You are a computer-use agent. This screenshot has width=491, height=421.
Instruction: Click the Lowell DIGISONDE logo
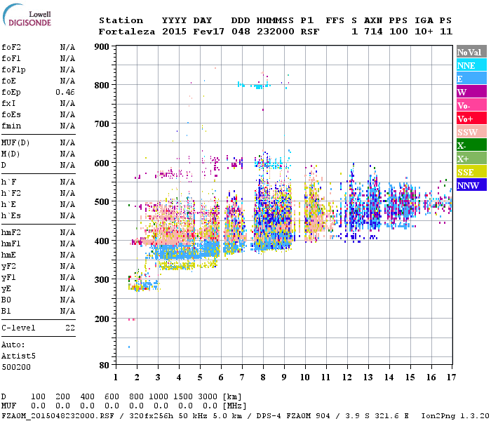click(x=29, y=18)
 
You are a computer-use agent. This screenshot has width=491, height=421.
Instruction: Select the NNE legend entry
click(x=468, y=65)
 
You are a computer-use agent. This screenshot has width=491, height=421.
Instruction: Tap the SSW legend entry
click(x=468, y=132)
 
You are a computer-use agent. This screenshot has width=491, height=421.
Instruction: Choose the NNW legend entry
click(x=468, y=185)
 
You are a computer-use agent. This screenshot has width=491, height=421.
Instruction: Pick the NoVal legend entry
click(x=469, y=52)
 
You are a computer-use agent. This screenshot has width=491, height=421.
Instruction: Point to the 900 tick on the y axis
click(x=102, y=47)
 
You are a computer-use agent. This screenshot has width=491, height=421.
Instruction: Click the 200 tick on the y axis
click(x=102, y=319)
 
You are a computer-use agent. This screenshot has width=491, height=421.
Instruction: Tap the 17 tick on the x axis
click(x=451, y=377)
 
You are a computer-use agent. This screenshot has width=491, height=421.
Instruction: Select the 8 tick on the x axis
click(x=263, y=377)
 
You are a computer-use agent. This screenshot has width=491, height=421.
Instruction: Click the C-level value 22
click(x=70, y=328)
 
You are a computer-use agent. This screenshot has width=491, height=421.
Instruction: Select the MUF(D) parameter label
click(x=15, y=142)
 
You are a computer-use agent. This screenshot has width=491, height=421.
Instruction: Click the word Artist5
click(x=15, y=356)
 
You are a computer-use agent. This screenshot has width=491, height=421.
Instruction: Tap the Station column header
click(x=121, y=20)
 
